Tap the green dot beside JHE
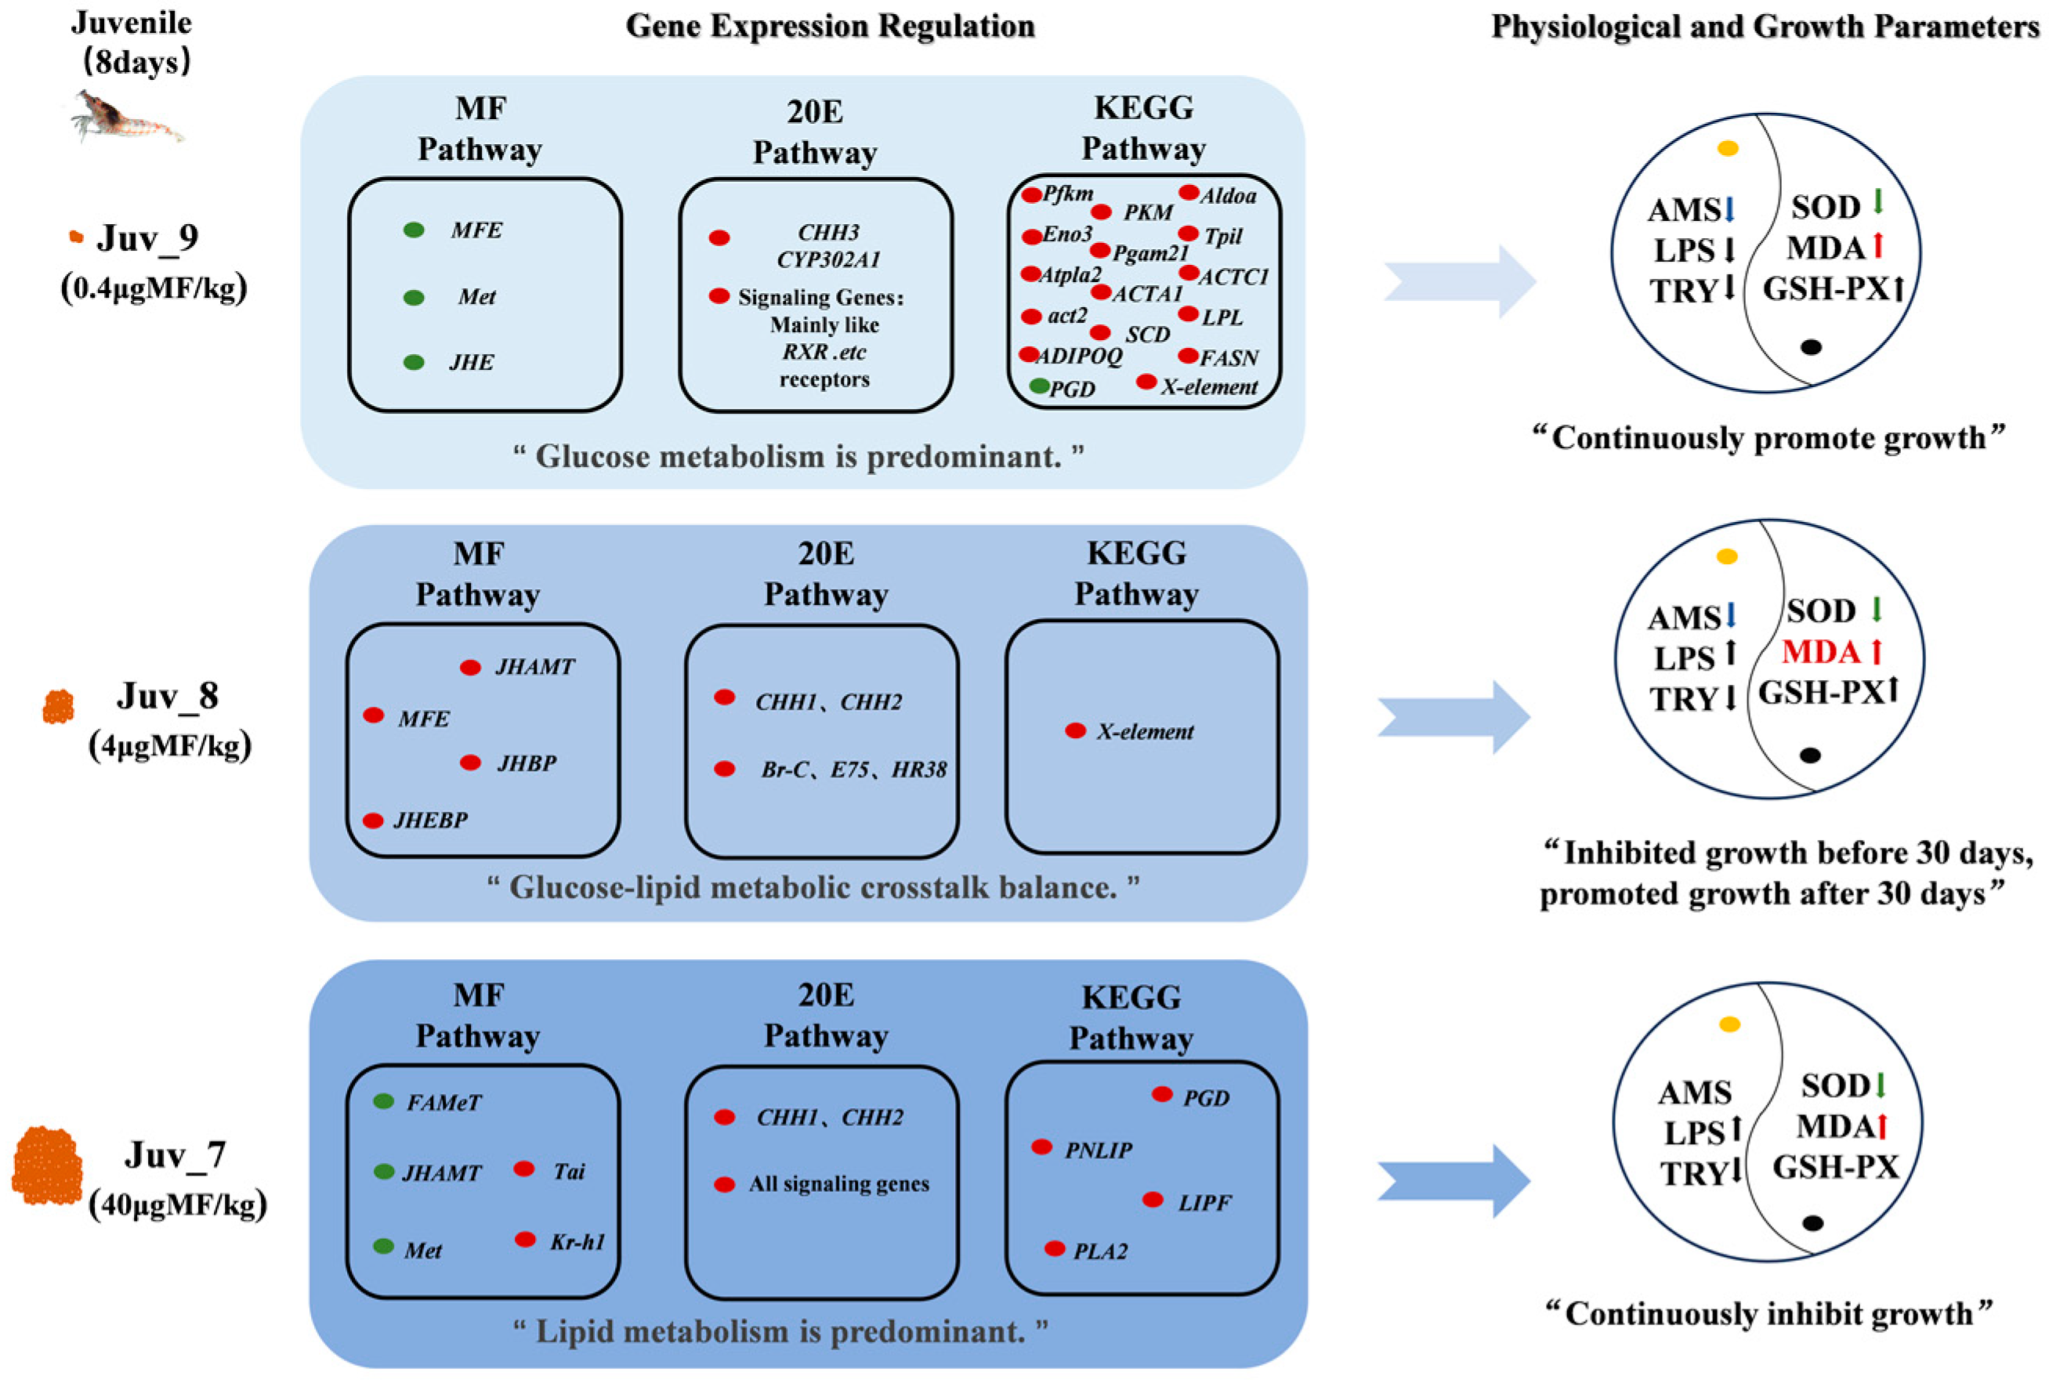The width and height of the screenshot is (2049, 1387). [x=414, y=362]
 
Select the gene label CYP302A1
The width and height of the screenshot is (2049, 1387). [x=828, y=259]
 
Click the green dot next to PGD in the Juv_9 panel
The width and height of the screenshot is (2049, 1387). [x=1040, y=386]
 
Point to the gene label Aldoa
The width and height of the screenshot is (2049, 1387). [x=1227, y=196]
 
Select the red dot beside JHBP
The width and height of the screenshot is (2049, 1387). [x=470, y=762]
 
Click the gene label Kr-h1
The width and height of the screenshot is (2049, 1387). [x=577, y=1241]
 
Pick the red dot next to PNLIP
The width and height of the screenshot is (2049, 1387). [x=1041, y=1147]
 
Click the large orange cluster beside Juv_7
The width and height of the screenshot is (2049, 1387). [x=46, y=1164]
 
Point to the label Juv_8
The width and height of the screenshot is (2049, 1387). [x=168, y=696]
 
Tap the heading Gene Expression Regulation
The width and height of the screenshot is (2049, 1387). [x=830, y=27]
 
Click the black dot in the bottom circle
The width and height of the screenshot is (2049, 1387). [x=1812, y=1223]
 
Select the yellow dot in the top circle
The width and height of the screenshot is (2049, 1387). [x=1728, y=148]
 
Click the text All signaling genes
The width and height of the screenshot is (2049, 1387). [x=838, y=1184]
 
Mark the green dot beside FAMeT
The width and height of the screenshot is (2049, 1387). [x=383, y=1101]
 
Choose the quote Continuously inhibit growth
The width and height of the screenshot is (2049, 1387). [x=1768, y=1314]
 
